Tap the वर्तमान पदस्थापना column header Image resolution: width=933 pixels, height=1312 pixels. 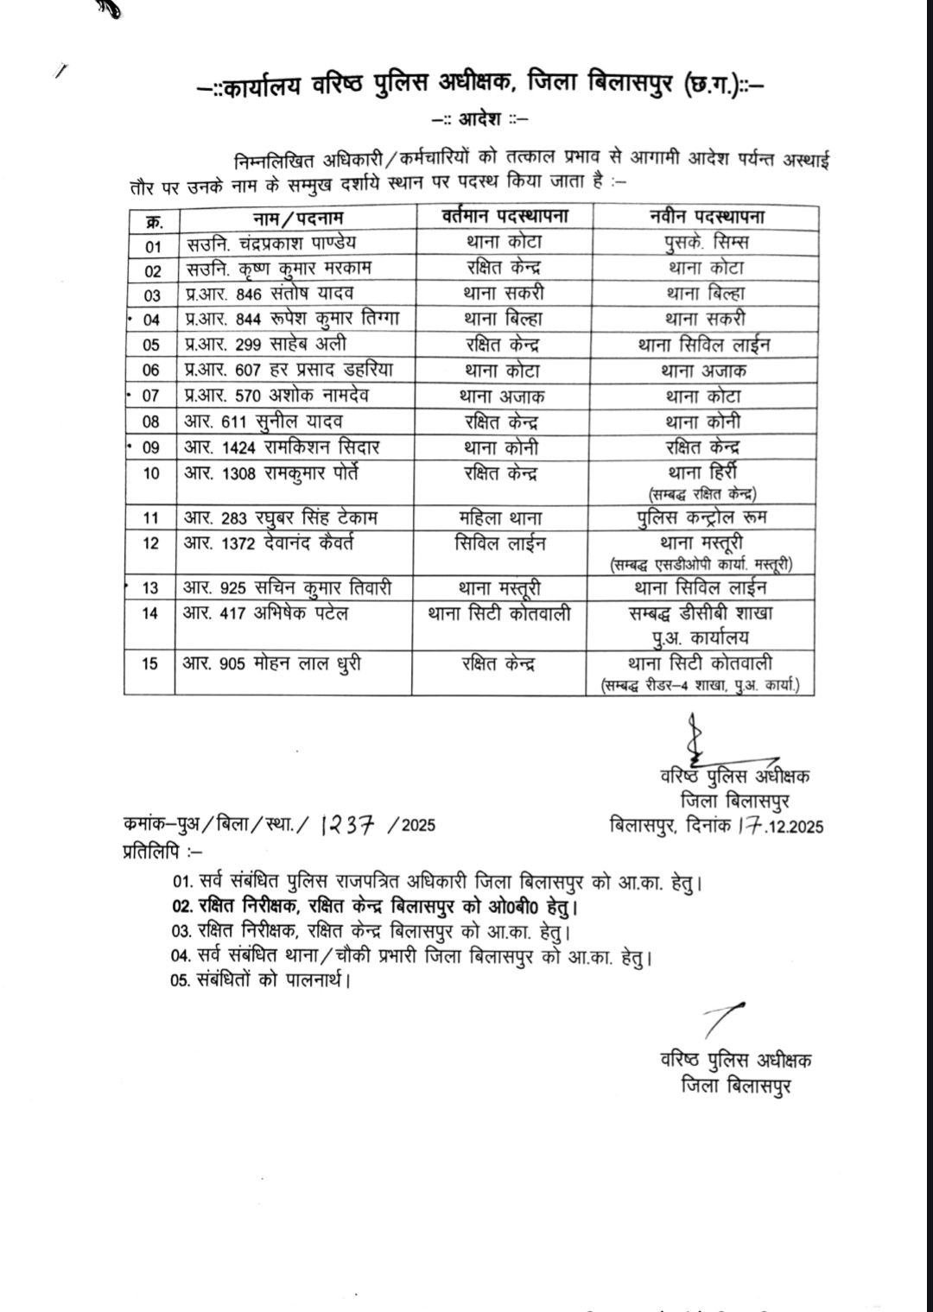click(x=505, y=216)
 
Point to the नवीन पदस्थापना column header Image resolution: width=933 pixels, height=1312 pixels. click(x=708, y=216)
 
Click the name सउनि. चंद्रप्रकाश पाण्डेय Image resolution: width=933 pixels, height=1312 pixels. click(x=270, y=243)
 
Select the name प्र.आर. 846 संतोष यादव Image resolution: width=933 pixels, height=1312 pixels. click(x=269, y=294)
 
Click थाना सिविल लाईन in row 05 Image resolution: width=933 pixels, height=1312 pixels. click(x=704, y=345)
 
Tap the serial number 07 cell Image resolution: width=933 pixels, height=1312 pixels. click(x=151, y=396)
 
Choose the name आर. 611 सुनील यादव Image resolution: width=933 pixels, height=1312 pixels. click(x=263, y=421)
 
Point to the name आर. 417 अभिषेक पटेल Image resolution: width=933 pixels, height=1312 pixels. click(x=265, y=613)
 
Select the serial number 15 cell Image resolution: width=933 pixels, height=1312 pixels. click(x=150, y=664)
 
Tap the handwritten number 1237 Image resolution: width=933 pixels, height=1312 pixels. click(x=347, y=825)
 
